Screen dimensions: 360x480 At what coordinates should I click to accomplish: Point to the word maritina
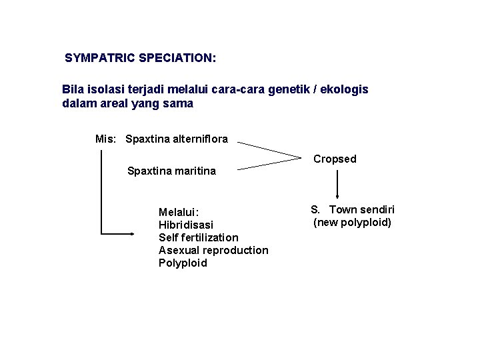(194, 171)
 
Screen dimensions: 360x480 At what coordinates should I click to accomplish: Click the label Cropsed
(335, 159)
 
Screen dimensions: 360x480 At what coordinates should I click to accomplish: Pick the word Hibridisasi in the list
(186, 225)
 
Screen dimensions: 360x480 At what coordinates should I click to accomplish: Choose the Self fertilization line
(198, 237)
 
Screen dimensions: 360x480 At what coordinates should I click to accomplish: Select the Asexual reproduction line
(213, 250)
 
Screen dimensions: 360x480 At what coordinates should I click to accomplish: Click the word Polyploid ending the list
(183, 263)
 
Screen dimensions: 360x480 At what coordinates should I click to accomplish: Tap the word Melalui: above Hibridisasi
(179, 212)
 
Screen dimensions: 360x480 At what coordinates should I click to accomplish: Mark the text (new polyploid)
(352, 222)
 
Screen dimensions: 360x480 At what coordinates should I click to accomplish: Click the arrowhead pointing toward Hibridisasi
(131, 234)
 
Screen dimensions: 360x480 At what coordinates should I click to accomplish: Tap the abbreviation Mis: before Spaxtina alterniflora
(106, 139)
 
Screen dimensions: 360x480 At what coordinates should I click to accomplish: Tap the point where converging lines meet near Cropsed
(301, 157)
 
